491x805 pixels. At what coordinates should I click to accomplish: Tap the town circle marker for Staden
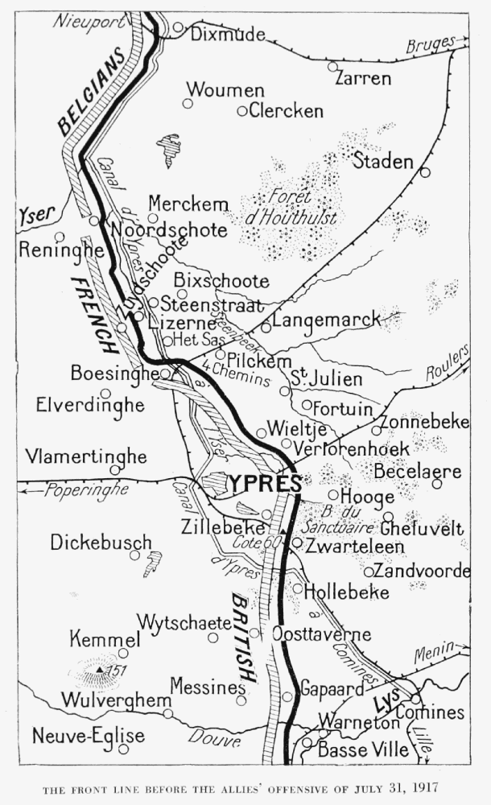click(x=425, y=171)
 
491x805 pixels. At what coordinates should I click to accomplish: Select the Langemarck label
click(x=326, y=320)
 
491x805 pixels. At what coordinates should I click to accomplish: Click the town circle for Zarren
click(x=332, y=66)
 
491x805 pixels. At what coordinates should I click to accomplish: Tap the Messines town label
click(x=208, y=687)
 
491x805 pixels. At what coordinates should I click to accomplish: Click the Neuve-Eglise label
click(x=89, y=735)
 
